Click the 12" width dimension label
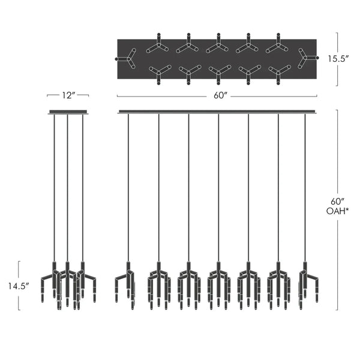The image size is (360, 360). (x=68, y=95)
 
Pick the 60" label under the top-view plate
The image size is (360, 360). (x=217, y=95)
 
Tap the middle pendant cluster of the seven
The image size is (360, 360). (x=218, y=285)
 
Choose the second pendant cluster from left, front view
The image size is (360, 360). (x=158, y=285)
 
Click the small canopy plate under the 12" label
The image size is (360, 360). (x=68, y=112)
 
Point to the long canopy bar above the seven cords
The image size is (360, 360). (x=217, y=112)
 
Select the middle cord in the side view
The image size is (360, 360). (x=68, y=186)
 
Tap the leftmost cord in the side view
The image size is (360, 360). (x=55, y=186)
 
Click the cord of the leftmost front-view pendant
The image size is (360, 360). (x=128, y=186)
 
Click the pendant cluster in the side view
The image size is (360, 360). (x=68, y=285)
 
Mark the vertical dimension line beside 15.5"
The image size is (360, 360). (x=337, y=59)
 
